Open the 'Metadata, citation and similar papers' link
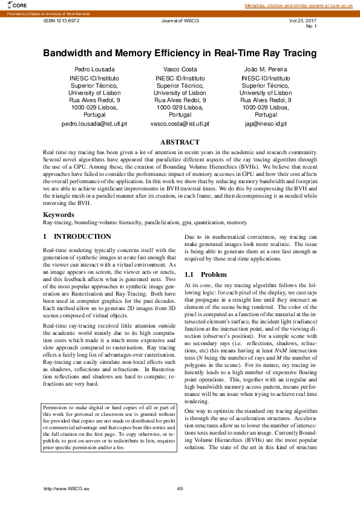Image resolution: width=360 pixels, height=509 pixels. (299, 5)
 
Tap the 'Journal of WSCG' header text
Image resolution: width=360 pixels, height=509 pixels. (180, 20)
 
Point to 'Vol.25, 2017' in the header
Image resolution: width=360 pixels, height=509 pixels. (303, 20)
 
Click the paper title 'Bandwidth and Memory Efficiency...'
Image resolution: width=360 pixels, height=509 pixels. (180, 53)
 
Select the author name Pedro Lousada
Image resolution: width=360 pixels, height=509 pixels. (94, 70)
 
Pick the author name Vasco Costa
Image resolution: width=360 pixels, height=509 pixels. (180, 70)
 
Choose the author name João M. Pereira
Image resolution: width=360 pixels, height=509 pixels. (266, 70)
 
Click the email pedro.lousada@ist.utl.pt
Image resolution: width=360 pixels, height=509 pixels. (94, 123)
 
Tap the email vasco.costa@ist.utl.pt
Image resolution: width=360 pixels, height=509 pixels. (180, 123)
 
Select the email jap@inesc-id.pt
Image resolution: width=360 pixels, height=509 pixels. (266, 123)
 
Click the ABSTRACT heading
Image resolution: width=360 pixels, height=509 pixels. (180, 142)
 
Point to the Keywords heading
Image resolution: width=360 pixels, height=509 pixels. (59, 215)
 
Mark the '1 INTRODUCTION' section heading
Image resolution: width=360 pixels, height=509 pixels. (77, 236)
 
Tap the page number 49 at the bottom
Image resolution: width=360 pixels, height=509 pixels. (180, 488)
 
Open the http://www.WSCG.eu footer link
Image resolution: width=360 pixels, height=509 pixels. (67, 488)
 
